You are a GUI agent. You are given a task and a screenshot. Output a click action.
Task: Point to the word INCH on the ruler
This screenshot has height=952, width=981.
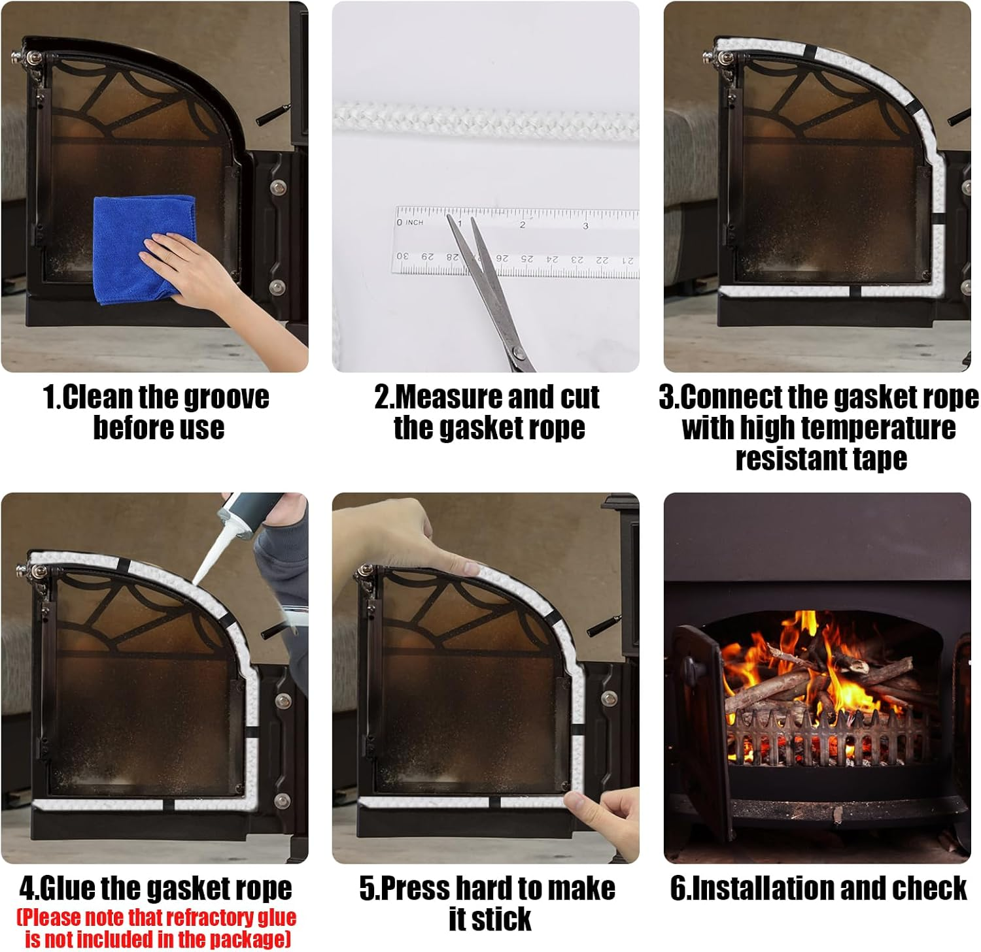[414, 223]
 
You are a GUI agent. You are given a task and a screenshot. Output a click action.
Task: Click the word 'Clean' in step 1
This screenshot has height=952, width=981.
[94, 397]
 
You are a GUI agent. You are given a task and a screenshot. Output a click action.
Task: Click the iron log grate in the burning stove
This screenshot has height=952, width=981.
[831, 738]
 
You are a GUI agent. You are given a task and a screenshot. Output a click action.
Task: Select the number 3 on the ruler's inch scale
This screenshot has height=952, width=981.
[585, 226]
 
